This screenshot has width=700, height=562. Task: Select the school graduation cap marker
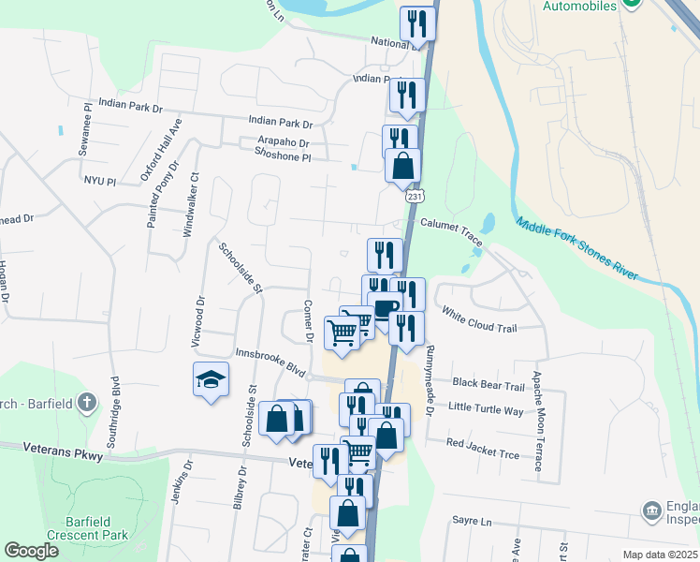click(211, 379)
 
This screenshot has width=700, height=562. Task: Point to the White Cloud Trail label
click(478, 321)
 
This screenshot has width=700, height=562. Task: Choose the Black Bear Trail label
click(489, 385)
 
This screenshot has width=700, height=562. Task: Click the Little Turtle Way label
click(486, 408)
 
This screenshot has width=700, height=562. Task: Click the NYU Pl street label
click(98, 179)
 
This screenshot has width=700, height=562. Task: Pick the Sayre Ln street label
click(471, 521)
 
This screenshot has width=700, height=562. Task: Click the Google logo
click(31, 551)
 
